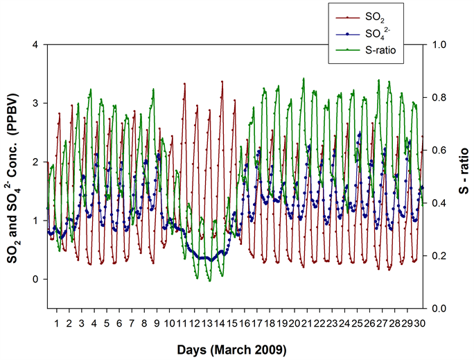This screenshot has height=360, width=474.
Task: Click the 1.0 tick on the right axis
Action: [x=439, y=44]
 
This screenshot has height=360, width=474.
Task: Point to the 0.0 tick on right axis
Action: [x=439, y=308]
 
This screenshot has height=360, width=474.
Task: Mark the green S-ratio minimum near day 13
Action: [x=209, y=280]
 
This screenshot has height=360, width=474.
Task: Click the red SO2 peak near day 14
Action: [x=222, y=82]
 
